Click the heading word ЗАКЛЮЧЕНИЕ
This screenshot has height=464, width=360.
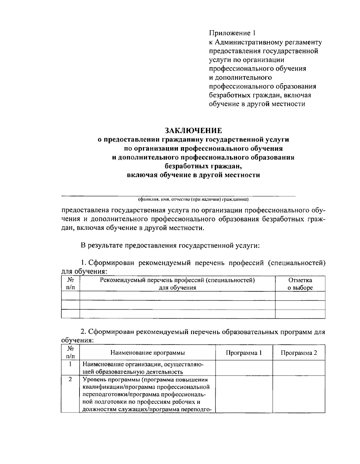[x=193, y=131]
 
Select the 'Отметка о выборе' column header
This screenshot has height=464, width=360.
[x=300, y=284]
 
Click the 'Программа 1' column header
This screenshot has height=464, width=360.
[x=244, y=353]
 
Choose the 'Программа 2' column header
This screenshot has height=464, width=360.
[x=298, y=353]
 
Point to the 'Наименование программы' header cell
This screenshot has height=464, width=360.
[x=148, y=353]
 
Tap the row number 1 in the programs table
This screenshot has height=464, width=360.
[x=70, y=365]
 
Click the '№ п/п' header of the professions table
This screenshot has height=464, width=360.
[x=70, y=284]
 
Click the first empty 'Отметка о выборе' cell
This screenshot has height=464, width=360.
[x=300, y=296]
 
